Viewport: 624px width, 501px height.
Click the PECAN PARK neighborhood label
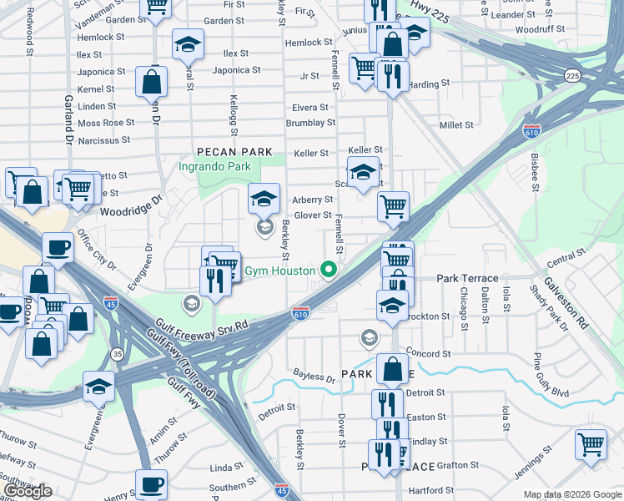(x=235, y=152)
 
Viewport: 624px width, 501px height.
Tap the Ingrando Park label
(x=215, y=166)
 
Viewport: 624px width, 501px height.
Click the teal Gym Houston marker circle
(x=329, y=270)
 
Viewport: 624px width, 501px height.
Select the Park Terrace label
(x=467, y=278)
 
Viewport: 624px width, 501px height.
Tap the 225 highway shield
(x=572, y=76)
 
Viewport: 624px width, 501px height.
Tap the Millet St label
(x=456, y=124)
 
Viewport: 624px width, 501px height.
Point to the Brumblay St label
(x=310, y=123)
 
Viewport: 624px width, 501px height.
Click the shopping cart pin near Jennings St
(x=591, y=443)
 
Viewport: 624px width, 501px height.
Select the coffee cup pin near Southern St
(x=151, y=483)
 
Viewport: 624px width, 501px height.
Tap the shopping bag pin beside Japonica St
(x=151, y=82)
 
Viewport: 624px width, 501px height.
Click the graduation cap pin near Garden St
(x=189, y=43)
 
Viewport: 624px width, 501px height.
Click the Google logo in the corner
(x=28, y=491)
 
